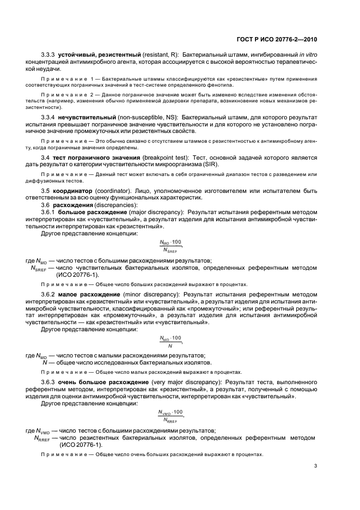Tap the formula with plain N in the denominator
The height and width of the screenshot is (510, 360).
170,341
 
